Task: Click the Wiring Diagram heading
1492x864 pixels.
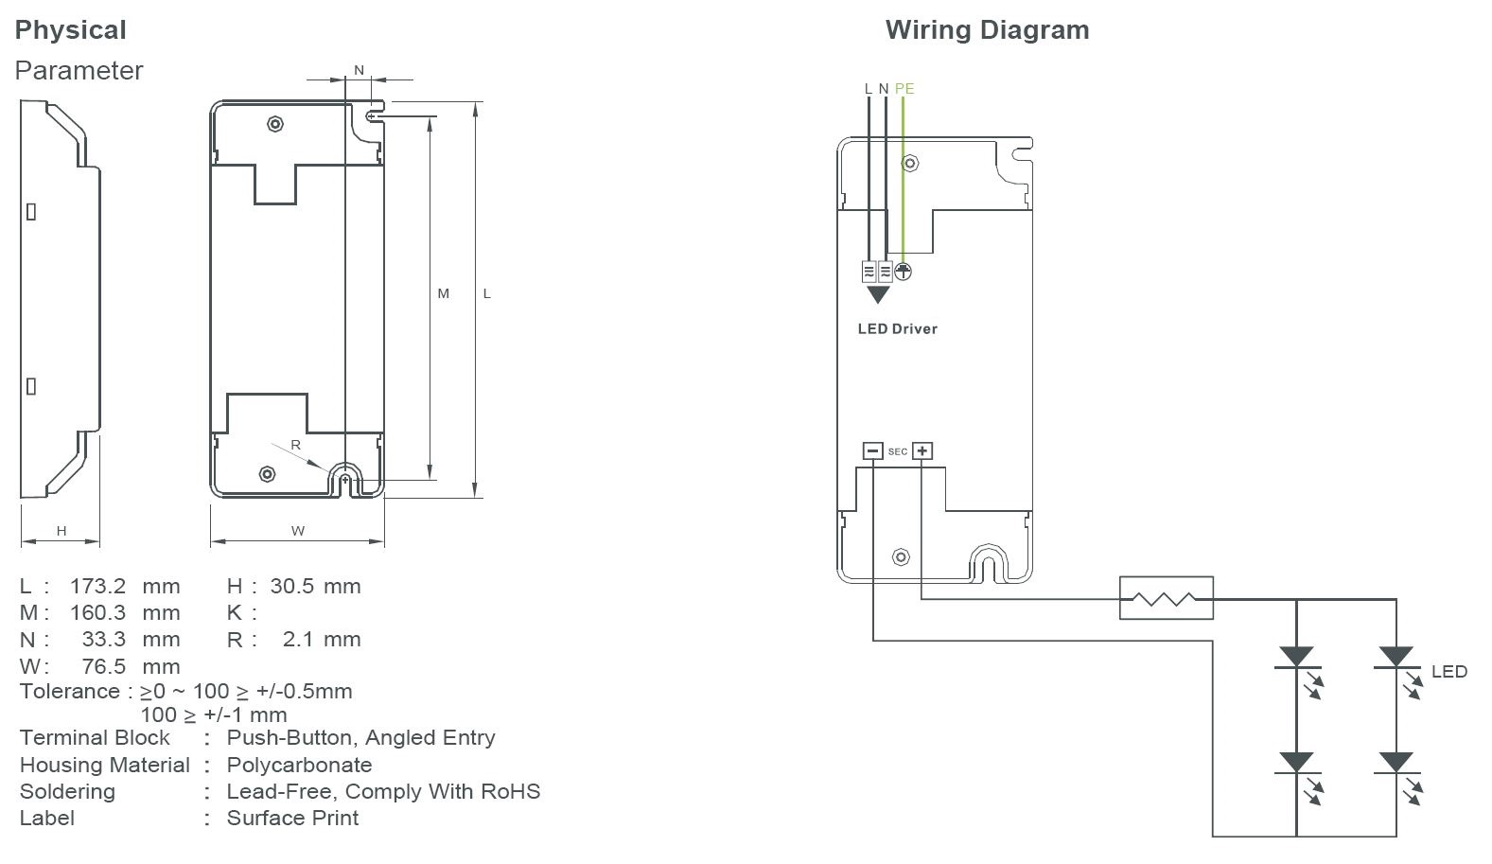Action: [x=987, y=30]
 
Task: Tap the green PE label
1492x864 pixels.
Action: [x=904, y=89]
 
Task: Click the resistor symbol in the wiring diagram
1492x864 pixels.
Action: [x=1166, y=598]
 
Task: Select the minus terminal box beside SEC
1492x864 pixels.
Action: [x=872, y=451]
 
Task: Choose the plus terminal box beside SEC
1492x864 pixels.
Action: [x=922, y=451]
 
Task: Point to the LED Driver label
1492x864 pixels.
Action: [x=897, y=329]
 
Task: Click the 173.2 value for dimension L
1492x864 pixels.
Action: [x=97, y=586]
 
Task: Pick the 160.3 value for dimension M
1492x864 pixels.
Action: [x=97, y=613]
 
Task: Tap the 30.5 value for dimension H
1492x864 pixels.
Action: [x=291, y=586]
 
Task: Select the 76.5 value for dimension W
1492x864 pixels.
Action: [x=103, y=666]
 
